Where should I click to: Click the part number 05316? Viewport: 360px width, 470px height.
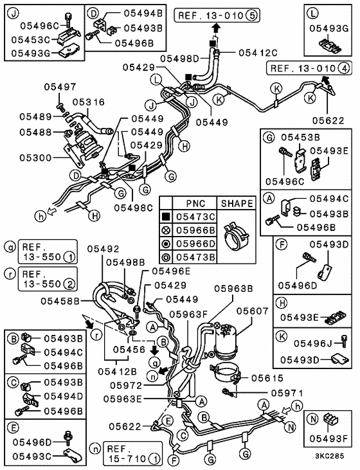[x=89, y=102]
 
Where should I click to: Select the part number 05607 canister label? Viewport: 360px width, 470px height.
[x=253, y=311]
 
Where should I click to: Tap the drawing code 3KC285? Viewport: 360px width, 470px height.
[x=330, y=456]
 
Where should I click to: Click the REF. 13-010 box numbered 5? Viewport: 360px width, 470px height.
[x=217, y=15]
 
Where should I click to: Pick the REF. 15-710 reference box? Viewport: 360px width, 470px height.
[x=132, y=453]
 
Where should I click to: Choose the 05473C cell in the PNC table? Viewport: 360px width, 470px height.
[x=195, y=217]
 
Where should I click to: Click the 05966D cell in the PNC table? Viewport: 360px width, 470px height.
[x=195, y=244]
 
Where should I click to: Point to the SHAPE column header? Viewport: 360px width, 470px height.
[x=237, y=204]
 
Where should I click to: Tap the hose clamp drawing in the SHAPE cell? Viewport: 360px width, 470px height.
[x=237, y=236]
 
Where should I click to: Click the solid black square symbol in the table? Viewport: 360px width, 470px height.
[x=166, y=217]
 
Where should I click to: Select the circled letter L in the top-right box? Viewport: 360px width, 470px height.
[x=313, y=14]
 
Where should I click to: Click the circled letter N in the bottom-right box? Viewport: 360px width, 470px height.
[x=313, y=419]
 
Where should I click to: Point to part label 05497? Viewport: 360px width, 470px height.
[x=60, y=87]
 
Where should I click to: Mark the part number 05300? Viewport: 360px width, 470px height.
[x=35, y=158]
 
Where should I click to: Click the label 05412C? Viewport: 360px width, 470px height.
[x=258, y=53]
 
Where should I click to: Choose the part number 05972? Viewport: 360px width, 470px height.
[x=126, y=385]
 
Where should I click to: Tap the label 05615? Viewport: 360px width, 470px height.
[x=267, y=378]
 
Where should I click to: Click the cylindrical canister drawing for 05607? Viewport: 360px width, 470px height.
[x=226, y=341]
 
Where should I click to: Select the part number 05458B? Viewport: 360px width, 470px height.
[x=60, y=301]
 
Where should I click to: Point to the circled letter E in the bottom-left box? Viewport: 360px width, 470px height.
[x=14, y=428]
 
